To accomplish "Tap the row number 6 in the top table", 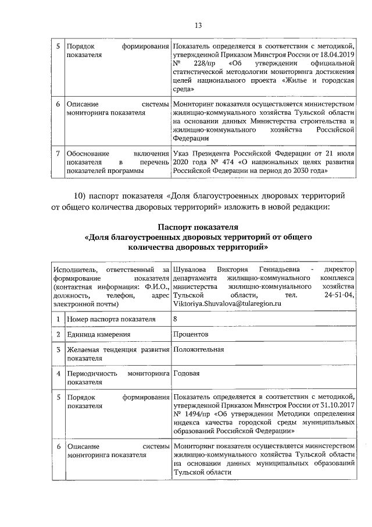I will pyautogui.click(x=58, y=104).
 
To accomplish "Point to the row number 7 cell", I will pyautogui.click(x=58, y=153).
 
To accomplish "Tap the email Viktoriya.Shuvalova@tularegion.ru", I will pyautogui.click(x=227, y=303).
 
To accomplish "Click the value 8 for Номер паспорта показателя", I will pyautogui.click(x=176, y=319).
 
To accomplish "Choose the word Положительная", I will pyautogui.click(x=198, y=349).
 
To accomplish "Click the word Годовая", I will pyautogui.click(x=187, y=373).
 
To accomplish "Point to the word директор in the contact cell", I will pyautogui.click(x=339, y=270).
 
